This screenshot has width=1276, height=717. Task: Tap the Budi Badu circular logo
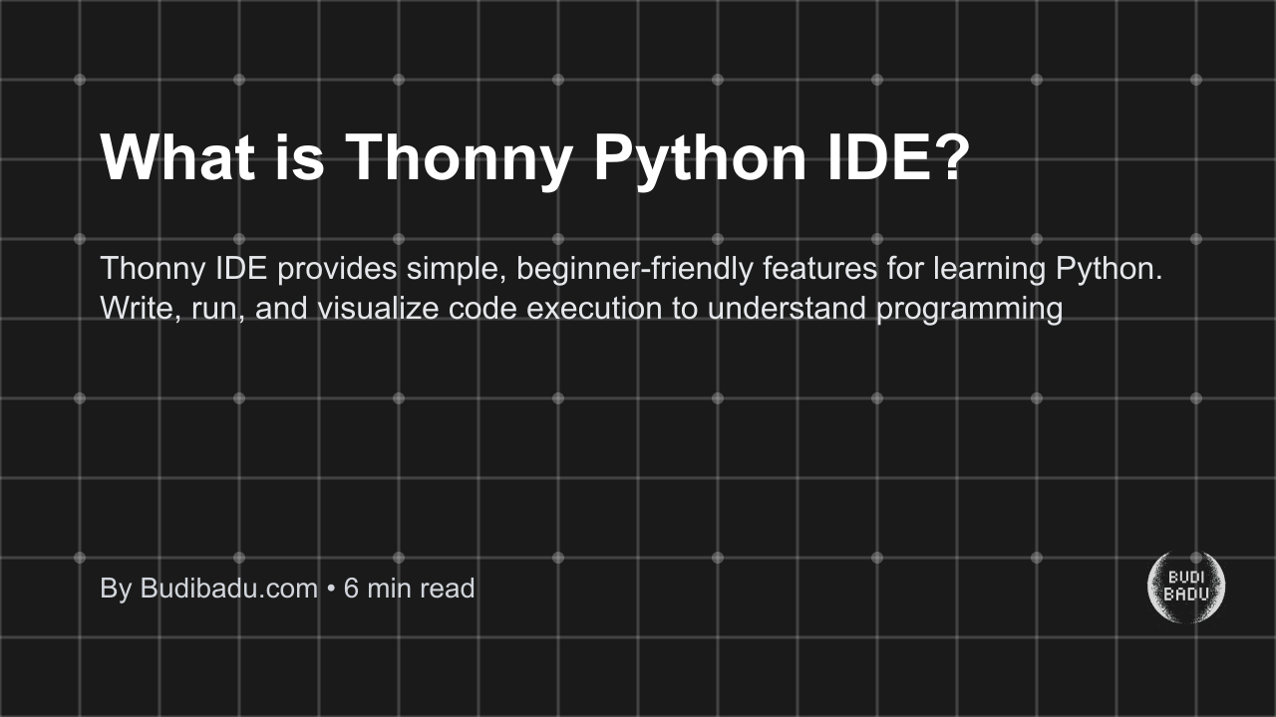point(1186,588)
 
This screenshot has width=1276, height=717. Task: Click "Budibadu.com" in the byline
point(228,589)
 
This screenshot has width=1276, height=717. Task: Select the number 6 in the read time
point(351,589)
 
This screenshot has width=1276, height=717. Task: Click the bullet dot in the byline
point(331,590)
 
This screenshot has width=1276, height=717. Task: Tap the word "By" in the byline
point(116,589)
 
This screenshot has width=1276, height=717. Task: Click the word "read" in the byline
point(447,589)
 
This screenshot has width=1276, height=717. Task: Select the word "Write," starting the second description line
point(135,309)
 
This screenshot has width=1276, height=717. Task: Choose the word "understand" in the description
point(788,309)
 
